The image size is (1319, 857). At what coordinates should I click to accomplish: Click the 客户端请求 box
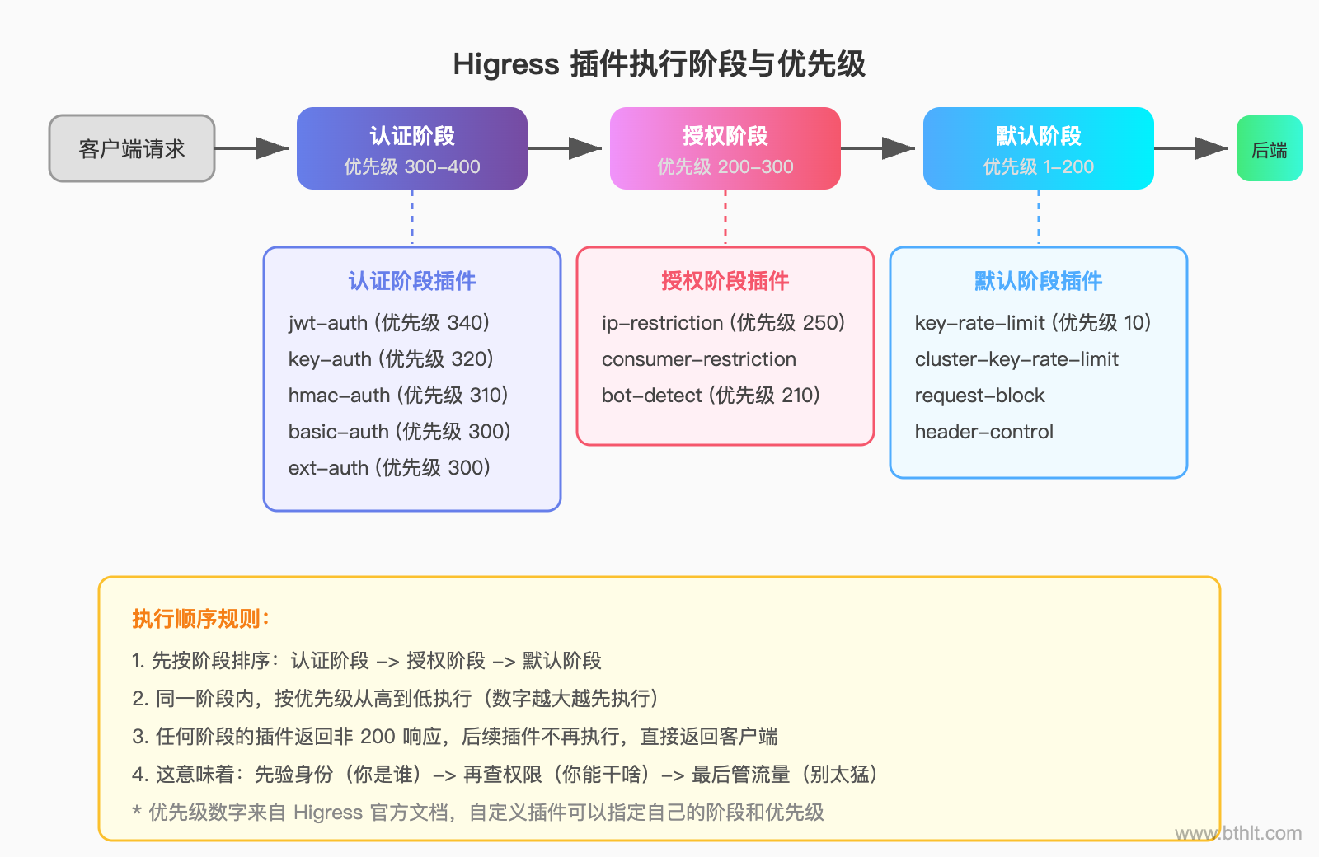(x=132, y=148)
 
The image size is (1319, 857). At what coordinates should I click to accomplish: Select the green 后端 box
(x=1269, y=148)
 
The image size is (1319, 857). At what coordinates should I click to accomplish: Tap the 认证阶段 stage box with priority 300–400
(x=412, y=148)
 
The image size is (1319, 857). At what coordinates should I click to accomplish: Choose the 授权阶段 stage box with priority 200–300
(x=725, y=148)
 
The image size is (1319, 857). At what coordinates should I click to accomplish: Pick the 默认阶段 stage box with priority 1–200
(x=1038, y=148)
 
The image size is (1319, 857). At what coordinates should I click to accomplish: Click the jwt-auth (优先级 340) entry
(x=389, y=323)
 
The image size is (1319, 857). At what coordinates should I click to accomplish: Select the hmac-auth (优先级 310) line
(x=398, y=396)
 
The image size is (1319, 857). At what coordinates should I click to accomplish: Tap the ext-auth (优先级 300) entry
(x=389, y=468)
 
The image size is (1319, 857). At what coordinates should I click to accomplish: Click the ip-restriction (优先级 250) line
(x=723, y=323)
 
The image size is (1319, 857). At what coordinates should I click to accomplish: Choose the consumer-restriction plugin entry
(x=699, y=359)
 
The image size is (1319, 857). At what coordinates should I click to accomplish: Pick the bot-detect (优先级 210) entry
(x=711, y=396)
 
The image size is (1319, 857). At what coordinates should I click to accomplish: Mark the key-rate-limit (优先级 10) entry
(x=1032, y=323)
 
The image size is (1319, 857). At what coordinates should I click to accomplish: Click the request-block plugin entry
(x=979, y=396)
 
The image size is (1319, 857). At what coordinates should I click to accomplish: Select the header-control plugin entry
(x=984, y=432)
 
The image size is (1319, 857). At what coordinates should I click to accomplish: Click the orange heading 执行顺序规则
(x=200, y=619)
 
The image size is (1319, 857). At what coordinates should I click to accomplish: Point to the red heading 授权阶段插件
(x=725, y=281)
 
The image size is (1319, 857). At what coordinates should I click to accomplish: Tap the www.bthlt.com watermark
(x=1238, y=833)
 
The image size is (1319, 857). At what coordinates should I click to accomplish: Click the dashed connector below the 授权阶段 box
(x=725, y=218)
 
